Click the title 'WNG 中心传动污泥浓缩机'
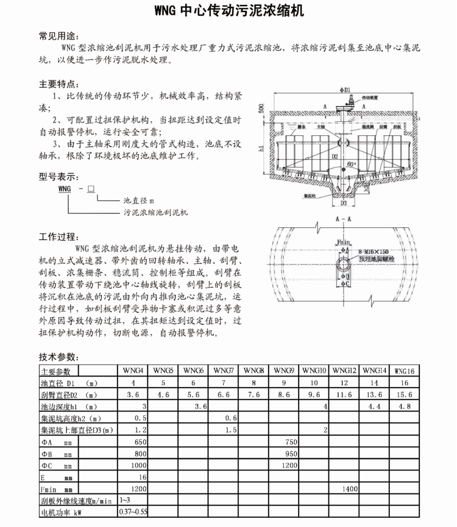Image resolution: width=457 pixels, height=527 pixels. tap(228, 11)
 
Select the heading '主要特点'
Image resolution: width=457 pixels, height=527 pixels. tap(59, 83)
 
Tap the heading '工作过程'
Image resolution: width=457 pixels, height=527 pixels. tap(59, 236)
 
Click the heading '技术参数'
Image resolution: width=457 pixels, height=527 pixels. tap(59, 357)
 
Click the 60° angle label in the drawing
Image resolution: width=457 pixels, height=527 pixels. tap(352, 164)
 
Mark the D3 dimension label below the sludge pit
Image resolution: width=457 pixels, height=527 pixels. tap(344, 203)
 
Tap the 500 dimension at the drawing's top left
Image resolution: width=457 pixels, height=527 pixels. tap(261, 109)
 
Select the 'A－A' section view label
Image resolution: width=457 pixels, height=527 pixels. tap(343, 218)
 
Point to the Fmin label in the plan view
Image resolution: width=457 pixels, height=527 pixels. tap(344, 242)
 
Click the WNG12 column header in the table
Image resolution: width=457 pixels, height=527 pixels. tap(345, 370)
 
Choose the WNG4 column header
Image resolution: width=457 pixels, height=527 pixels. tap(133, 370)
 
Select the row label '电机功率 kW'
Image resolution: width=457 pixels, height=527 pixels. tap(61, 512)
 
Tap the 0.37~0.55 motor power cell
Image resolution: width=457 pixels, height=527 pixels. tap(133, 512)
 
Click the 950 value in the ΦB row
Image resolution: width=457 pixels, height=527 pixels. tap(290, 453)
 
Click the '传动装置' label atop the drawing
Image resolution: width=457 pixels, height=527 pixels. tap(370, 97)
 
